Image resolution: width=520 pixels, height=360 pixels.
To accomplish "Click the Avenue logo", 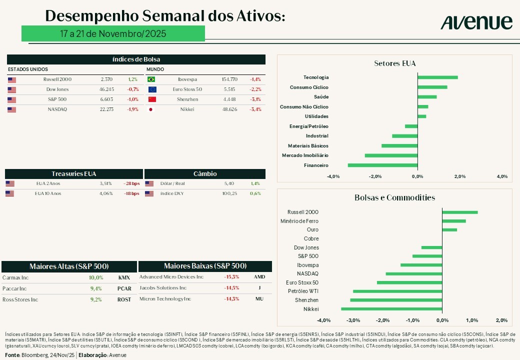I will (476, 22).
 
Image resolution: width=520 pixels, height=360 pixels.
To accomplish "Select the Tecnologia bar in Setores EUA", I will (437, 77).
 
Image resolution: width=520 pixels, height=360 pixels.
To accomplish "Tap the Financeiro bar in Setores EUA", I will (382, 165).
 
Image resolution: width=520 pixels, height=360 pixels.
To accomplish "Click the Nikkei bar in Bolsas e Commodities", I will (391, 309).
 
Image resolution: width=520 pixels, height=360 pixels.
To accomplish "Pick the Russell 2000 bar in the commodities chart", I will (460, 212).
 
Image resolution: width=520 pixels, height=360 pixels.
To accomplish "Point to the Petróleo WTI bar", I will (397, 291).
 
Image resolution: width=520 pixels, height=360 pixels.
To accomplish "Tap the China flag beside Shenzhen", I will (152, 99).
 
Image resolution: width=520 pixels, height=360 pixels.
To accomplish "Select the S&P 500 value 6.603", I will (107, 99).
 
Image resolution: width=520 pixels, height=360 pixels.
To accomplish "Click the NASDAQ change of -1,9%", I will (132, 109).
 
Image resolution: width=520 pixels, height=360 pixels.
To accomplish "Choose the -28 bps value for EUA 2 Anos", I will (131, 183).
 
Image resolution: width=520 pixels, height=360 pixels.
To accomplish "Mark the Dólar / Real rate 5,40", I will (229, 183).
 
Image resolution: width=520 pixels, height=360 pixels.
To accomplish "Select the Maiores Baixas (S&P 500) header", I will (205, 266).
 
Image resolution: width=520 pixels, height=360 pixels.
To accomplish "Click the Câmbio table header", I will (205, 174).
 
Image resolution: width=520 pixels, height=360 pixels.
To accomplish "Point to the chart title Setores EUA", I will (395, 63).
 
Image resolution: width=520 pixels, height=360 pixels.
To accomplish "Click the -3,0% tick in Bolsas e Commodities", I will (353, 320).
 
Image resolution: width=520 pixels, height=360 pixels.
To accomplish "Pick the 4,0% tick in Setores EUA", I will (502, 176).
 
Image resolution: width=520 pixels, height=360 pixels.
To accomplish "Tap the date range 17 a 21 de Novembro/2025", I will (113, 33).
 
